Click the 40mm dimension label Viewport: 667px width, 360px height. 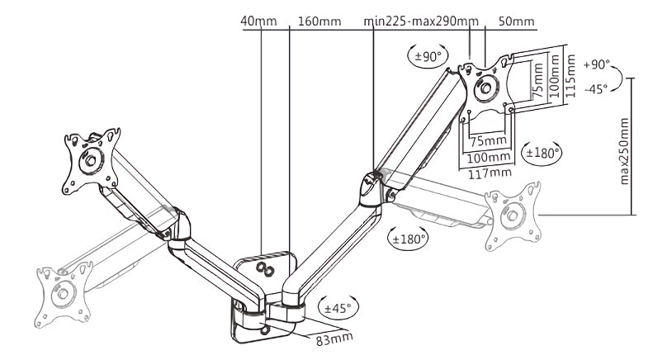click(258, 21)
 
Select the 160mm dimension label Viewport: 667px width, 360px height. click(319, 21)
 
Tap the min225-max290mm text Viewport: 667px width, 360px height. click(421, 21)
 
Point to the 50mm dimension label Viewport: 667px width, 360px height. click(517, 21)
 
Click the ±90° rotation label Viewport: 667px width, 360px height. click(428, 56)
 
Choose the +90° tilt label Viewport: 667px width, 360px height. click(596, 64)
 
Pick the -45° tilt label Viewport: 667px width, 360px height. click(596, 89)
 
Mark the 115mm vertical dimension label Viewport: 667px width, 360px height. click(571, 76)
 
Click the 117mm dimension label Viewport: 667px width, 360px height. click(490, 173)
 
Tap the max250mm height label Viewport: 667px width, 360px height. click(624, 151)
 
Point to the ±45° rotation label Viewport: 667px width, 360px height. click(338, 307)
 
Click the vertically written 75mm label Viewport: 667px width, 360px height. click(538, 79)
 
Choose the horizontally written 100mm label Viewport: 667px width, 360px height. click(489, 158)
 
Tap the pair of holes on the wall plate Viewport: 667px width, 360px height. click(264, 269)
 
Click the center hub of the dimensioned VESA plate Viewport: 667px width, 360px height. click(485, 88)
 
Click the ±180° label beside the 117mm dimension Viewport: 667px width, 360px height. click(541, 153)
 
